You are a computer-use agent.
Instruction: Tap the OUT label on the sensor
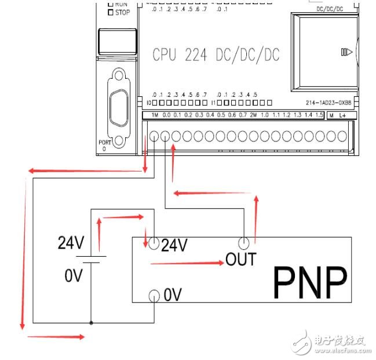coord(240,259)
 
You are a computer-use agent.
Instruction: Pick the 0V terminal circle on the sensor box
coord(154,296)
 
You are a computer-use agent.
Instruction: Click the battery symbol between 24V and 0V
coord(92,259)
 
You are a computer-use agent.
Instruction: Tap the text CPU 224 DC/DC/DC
coord(216,55)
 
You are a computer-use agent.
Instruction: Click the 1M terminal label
coord(154,115)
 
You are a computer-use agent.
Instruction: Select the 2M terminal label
coord(253,115)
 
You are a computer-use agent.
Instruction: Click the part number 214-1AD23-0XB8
coord(331,103)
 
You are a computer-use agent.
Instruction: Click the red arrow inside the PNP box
coord(187,263)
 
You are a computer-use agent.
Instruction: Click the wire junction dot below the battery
coord(92,322)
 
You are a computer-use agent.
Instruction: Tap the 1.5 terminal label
coord(319,115)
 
